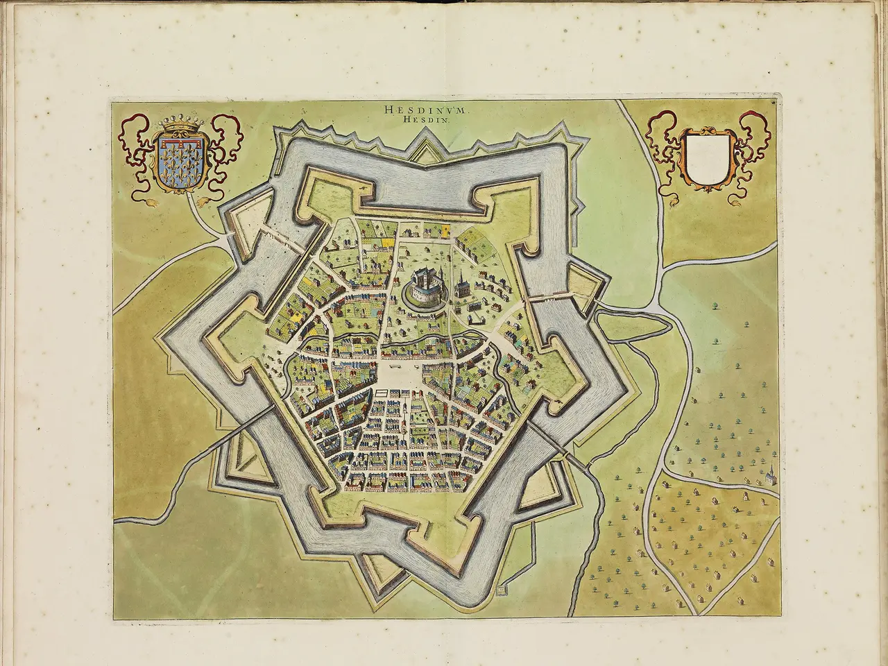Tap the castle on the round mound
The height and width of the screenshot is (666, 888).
pyautogui.click(x=424, y=284)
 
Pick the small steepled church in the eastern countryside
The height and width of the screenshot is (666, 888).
pyautogui.click(x=769, y=475)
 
